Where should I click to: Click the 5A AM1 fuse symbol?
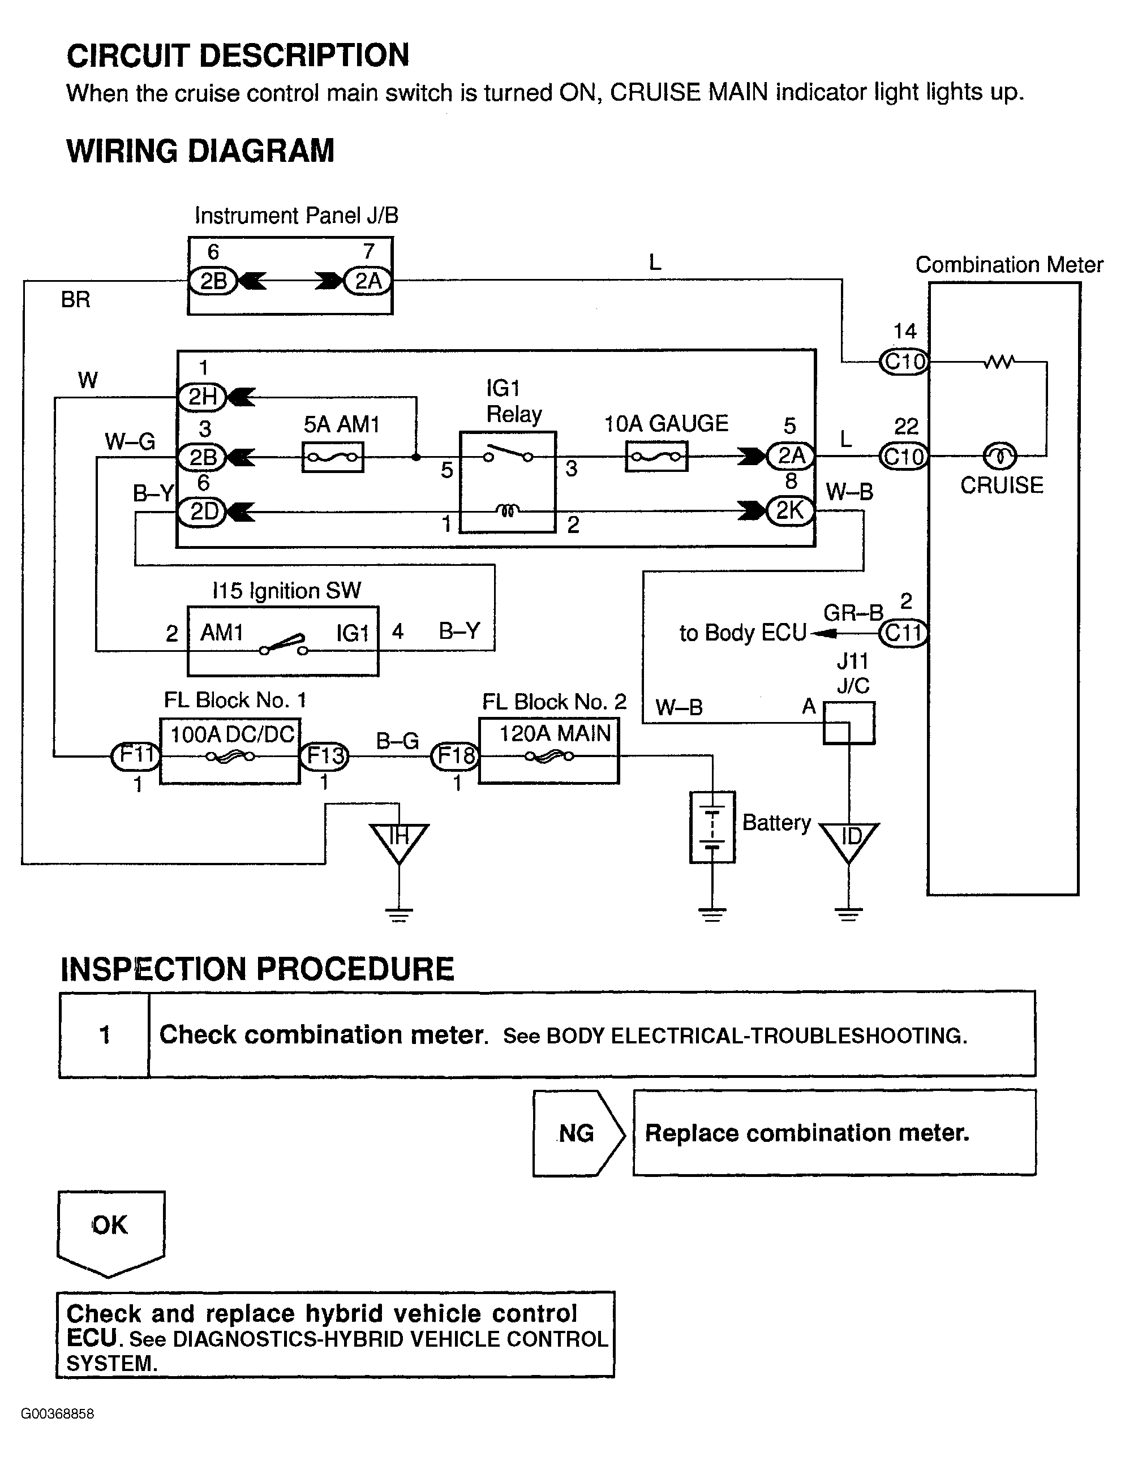pos(332,458)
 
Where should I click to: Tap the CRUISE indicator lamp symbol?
pos(999,456)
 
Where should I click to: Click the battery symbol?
pos(712,827)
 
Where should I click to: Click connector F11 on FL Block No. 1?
pos(136,756)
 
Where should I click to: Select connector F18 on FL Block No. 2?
pos(456,756)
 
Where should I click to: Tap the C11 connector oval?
pos(904,633)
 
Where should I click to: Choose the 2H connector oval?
pos(202,397)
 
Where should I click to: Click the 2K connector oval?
pos(790,511)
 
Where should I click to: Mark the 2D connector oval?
pos(203,512)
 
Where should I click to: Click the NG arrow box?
pos(578,1133)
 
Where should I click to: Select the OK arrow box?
pos(110,1230)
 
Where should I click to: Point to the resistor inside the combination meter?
pos(999,362)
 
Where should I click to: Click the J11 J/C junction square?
pos(848,723)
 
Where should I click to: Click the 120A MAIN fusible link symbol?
pos(549,757)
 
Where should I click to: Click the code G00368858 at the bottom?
pos(58,1413)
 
